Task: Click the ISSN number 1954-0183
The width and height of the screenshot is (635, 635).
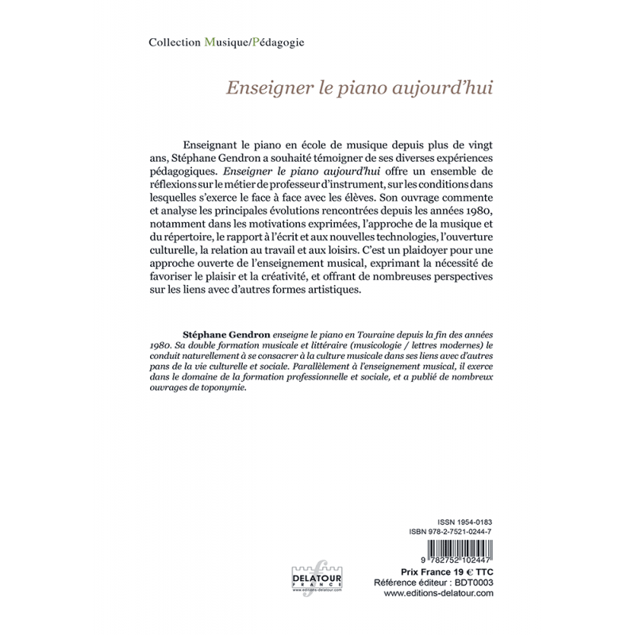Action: (475, 520)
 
